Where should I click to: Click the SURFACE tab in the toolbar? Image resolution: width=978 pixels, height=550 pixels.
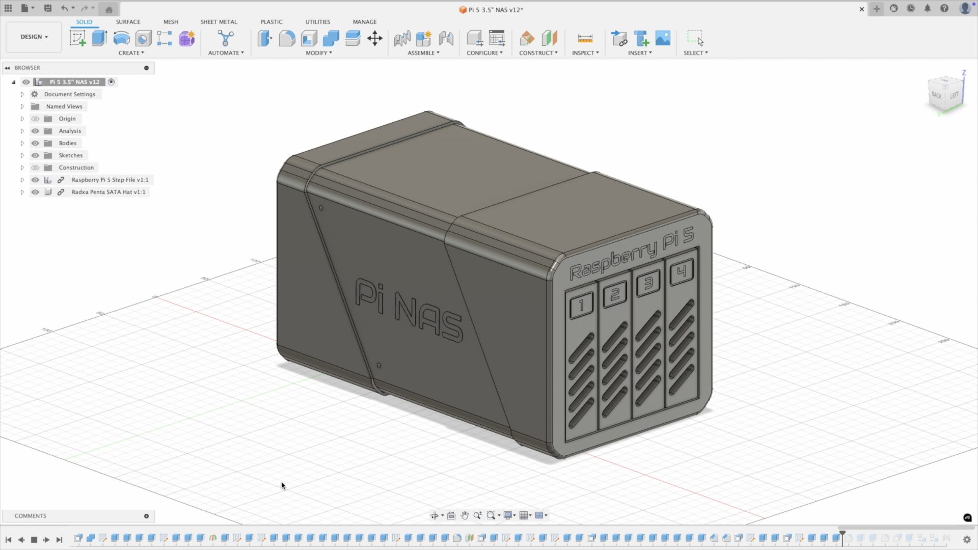(128, 22)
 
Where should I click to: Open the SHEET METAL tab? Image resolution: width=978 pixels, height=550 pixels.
(219, 22)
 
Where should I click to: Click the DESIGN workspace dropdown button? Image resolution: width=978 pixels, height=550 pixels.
(34, 37)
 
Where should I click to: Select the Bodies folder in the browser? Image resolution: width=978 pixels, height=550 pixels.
(67, 143)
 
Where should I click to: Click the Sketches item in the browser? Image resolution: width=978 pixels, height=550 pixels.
(70, 155)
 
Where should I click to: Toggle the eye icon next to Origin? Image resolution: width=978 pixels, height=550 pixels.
(35, 119)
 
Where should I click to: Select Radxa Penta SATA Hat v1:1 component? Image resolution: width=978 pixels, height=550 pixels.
(108, 192)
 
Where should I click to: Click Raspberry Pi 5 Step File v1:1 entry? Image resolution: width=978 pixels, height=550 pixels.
(110, 180)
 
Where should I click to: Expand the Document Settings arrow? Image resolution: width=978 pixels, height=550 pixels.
(22, 94)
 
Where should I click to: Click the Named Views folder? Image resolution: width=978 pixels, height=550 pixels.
(64, 106)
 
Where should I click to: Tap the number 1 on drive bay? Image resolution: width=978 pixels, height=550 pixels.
(581, 305)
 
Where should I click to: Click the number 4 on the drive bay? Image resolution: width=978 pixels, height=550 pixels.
(682, 272)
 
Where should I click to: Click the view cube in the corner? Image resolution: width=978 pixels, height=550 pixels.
(945, 95)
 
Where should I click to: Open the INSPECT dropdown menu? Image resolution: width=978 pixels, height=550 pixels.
(585, 53)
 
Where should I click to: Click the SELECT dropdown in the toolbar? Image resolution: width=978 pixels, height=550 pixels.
(695, 53)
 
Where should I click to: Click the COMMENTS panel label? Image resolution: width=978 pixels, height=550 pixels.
(31, 516)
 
